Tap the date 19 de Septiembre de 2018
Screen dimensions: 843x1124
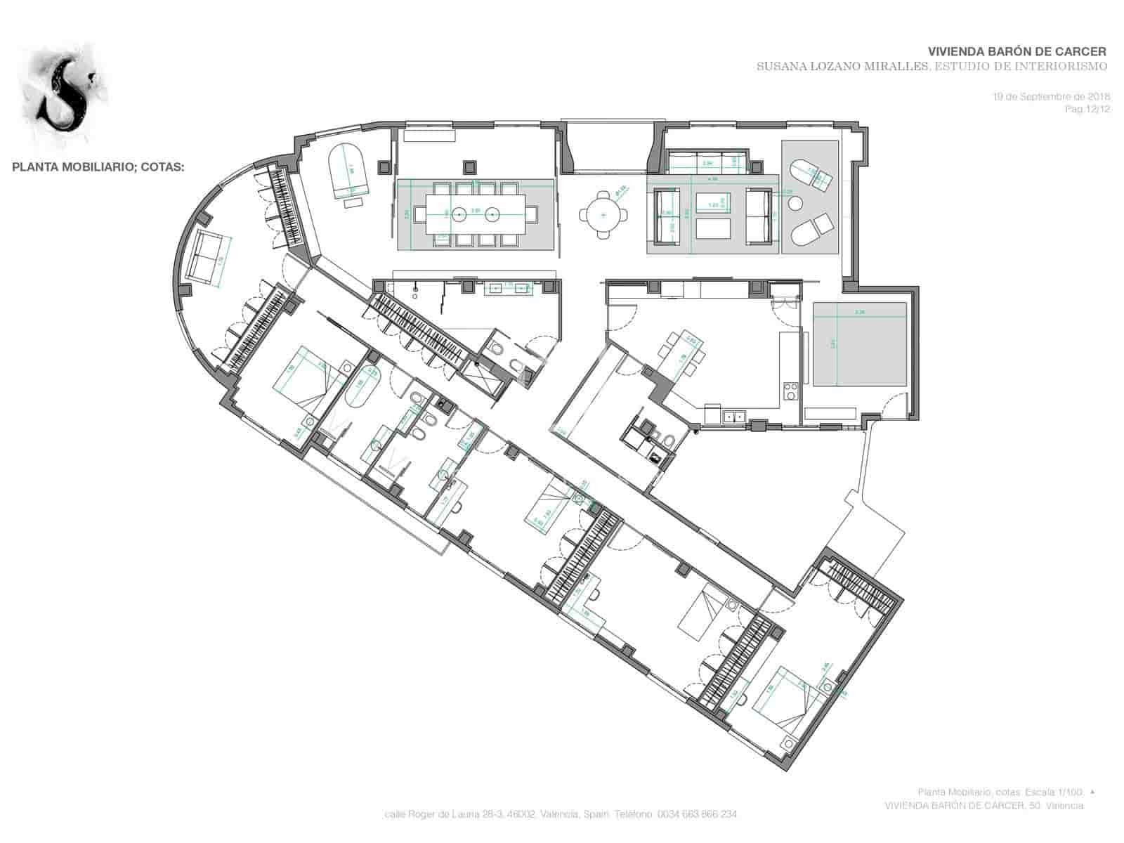pyautogui.click(x=1050, y=96)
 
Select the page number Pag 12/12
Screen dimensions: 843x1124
pyautogui.click(x=1087, y=110)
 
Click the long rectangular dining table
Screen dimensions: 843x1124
pyautogui.click(x=476, y=214)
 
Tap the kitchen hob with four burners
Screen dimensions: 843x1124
pyautogui.click(x=790, y=391)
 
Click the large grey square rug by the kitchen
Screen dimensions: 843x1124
pyautogui.click(x=860, y=344)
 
